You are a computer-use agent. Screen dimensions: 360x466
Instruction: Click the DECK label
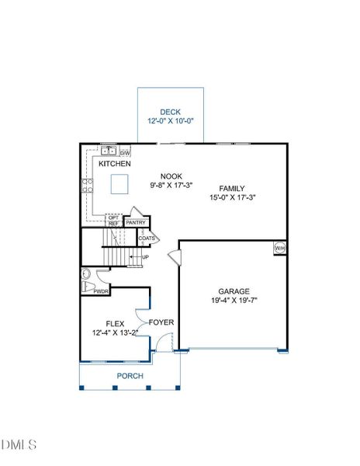[171, 112]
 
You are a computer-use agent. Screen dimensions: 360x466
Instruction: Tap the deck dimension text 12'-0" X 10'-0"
[171, 121]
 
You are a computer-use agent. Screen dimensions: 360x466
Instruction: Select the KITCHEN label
[115, 163]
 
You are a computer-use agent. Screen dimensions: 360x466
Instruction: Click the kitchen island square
[119, 184]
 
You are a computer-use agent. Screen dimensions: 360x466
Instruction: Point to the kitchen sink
[109, 151]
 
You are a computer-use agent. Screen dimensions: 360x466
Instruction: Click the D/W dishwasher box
[125, 153]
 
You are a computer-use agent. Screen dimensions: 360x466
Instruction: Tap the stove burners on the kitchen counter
[87, 186]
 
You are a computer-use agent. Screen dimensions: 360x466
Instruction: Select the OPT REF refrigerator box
[114, 221]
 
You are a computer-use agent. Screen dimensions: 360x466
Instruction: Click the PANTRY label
[136, 223]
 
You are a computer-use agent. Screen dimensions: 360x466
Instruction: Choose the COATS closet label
[147, 238]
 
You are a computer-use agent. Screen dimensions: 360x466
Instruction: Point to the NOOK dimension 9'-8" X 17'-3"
[171, 185]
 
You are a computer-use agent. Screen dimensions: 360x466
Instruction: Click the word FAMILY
[232, 189]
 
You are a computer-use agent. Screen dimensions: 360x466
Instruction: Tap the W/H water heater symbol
[280, 248]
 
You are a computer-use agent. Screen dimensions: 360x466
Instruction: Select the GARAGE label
[234, 291]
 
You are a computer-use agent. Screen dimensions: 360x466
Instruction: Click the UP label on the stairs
[145, 257]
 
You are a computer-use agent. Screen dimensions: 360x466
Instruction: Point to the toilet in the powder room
[88, 287]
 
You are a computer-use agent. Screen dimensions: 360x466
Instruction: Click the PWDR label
[101, 291]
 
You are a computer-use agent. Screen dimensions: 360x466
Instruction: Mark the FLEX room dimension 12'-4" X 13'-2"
[115, 333]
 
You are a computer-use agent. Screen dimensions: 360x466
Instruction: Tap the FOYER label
[161, 322]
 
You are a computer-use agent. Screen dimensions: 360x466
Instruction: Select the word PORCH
[130, 376]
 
